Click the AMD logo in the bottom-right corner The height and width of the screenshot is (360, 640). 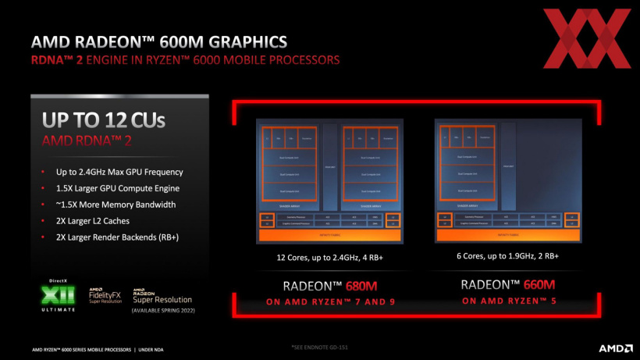(x=614, y=348)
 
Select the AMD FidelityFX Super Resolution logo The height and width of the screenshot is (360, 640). (x=106, y=296)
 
